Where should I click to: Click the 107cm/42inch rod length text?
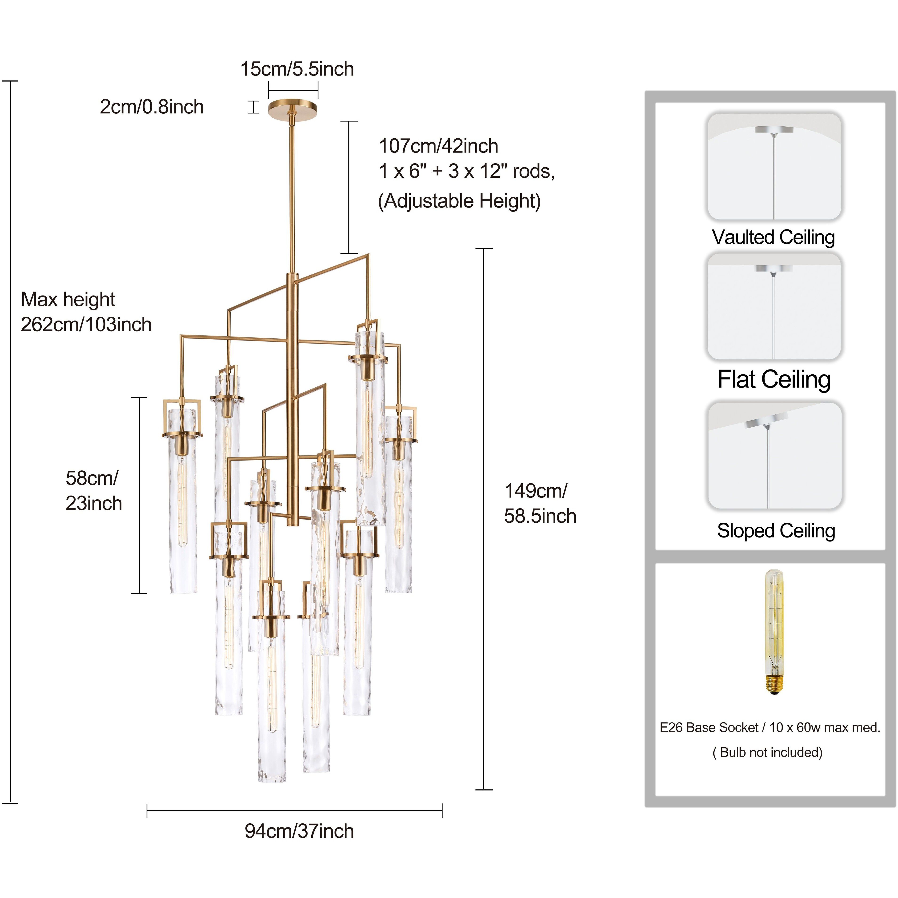(438, 146)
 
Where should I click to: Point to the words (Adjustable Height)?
(459, 201)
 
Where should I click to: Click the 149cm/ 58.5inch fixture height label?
(540, 503)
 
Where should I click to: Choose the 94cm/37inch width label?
(299, 831)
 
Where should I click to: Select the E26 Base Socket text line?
(770, 727)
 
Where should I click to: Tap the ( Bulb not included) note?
(767, 753)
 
